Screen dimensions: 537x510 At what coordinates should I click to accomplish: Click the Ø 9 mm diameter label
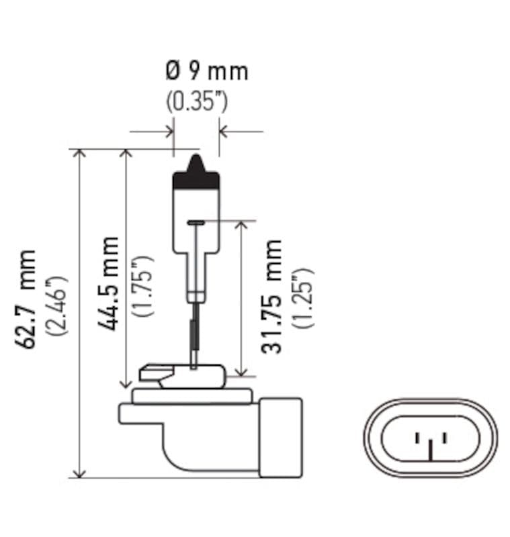coord(206,71)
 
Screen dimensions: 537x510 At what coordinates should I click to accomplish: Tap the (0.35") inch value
coord(197,101)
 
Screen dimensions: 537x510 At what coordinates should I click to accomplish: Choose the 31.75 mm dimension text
coord(273,296)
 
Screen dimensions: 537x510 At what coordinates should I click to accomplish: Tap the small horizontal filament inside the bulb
coord(196,222)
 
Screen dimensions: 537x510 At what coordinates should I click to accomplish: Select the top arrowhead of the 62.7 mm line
coord(80,155)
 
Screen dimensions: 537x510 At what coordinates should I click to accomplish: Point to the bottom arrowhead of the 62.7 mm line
coord(80,472)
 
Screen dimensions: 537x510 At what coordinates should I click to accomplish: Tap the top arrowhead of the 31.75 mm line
coord(242,226)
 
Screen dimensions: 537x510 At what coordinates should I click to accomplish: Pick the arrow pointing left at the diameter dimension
coord(226,131)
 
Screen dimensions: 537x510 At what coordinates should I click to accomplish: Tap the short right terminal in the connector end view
coord(443,438)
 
